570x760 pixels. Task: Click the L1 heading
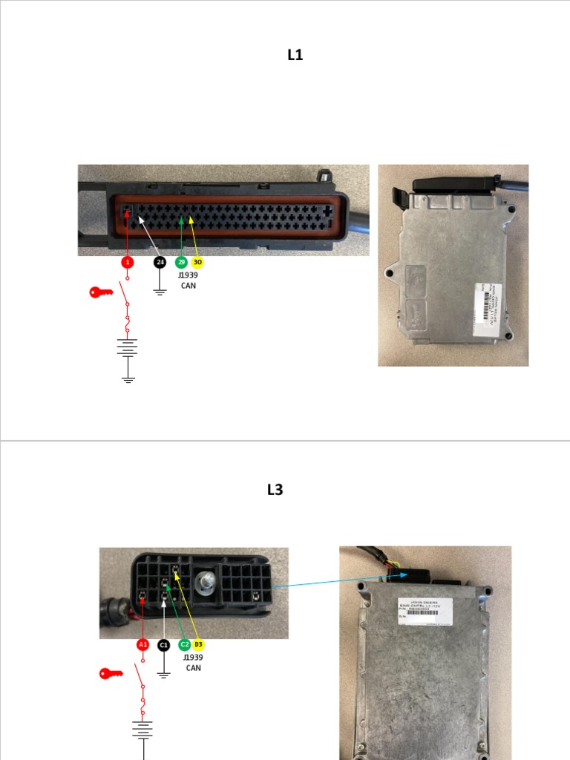coord(295,55)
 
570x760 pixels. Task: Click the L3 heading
coord(275,490)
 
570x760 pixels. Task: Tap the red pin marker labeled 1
coord(128,262)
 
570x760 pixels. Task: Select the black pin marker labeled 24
coord(160,262)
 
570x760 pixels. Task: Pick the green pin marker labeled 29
coord(181,262)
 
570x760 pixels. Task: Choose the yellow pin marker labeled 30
coord(197,262)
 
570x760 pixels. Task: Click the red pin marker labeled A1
coord(142,644)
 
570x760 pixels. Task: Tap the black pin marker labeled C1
coord(164,644)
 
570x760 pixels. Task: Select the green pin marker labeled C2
coord(185,644)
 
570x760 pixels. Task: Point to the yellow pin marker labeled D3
coord(198,644)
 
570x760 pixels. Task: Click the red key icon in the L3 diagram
coord(111,673)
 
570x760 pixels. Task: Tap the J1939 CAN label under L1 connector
coord(189,280)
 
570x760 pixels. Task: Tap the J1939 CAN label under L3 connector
coord(193,662)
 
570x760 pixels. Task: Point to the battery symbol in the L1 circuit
coord(128,347)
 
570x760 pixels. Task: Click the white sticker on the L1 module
coord(487,305)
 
